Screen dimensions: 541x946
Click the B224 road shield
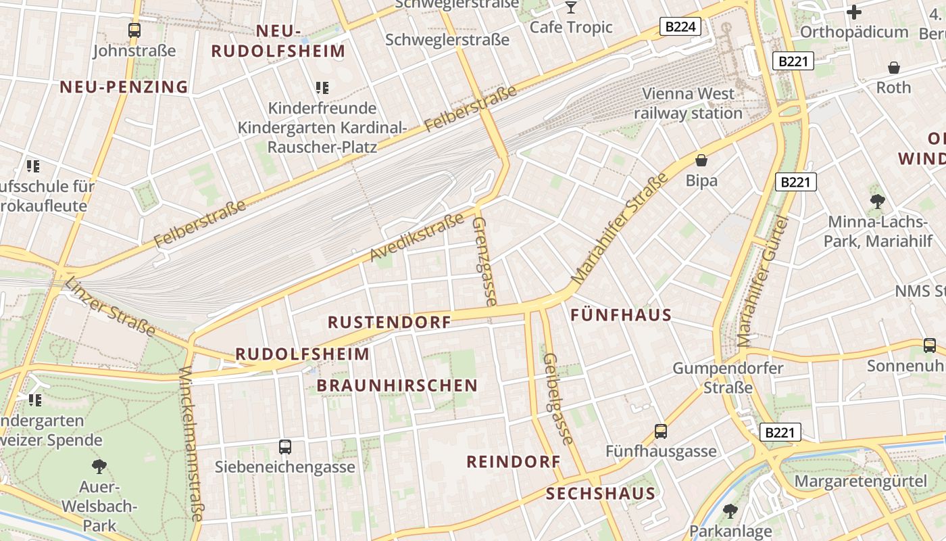[680, 27]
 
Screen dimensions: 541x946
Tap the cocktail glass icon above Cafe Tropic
[571, 7]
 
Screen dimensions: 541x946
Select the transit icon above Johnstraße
[134, 30]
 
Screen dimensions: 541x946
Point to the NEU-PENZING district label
[124, 87]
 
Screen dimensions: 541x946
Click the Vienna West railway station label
[688, 103]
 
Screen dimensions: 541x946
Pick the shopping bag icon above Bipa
[701, 160]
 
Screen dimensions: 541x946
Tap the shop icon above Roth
[894, 68]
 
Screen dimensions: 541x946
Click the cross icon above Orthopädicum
[854, 12]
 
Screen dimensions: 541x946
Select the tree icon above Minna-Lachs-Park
[877, 200]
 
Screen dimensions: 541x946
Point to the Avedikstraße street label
[417, 237]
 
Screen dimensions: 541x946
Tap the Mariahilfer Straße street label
[620, 228]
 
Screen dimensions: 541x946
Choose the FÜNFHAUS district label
[621, 315]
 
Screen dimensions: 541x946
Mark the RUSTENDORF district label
[389, 322]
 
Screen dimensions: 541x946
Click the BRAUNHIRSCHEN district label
[397, 385]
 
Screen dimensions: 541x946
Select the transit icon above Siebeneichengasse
[285, 446]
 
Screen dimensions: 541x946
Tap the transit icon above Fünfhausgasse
[660, 431]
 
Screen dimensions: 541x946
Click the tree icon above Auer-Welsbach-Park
[99, 466]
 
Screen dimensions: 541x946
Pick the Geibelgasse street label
[558, 398]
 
